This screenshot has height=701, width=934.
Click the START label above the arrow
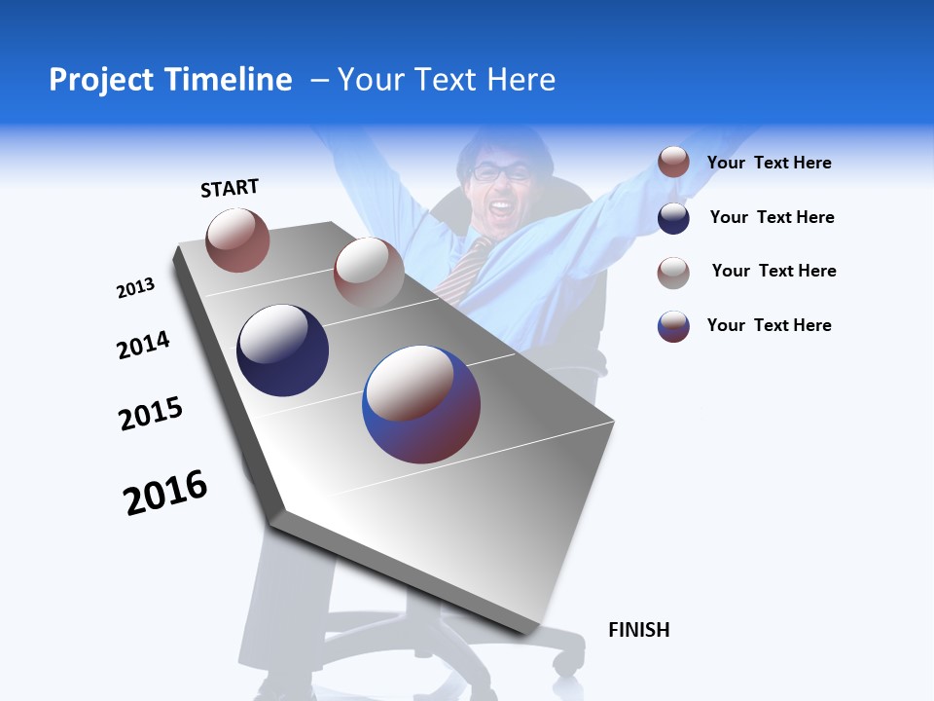coord(230,188)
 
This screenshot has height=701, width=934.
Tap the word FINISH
coord(638,630)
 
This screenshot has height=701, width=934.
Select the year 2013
coord(135,288)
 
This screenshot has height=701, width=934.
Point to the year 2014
coord(143,345)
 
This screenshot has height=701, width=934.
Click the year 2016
coord(165,492)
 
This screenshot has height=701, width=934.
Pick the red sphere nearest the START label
coord(237,240)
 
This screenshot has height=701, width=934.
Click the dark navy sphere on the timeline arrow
coord(282,350)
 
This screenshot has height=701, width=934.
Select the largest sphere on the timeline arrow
coord(421,404)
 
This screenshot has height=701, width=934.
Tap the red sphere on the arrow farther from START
coord(369,272)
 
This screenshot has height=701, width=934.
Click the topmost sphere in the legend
coord(673,163)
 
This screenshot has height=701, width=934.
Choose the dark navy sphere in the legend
coord(673,218)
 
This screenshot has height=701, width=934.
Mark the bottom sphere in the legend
coord(673,326)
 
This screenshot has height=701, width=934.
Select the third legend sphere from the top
coord(673,273)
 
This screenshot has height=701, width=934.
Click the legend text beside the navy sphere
coord(772,217)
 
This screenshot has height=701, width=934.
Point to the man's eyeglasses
coord(502,173)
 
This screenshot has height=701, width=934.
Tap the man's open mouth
coord(501,206)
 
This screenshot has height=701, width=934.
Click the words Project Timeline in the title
coord(170,80)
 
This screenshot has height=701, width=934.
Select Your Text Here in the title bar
coord(446,80)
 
